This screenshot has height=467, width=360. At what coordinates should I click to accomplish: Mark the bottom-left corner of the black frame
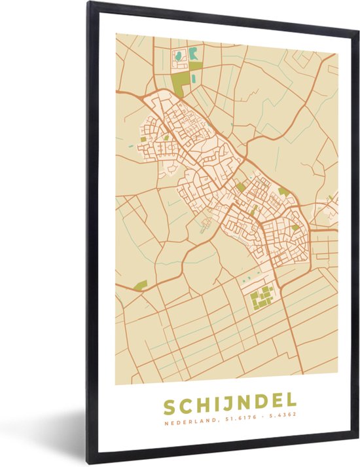click(89, 463)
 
